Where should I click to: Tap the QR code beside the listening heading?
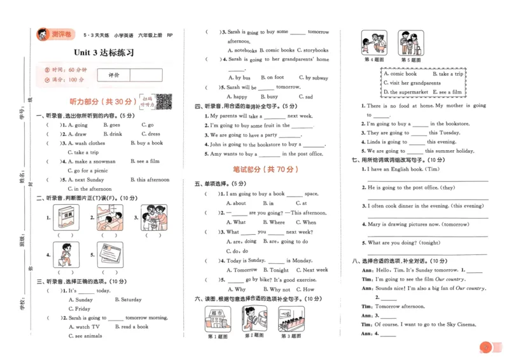click(165, 101)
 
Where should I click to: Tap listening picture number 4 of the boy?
click(65, 254)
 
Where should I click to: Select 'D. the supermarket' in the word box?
click(407, 92)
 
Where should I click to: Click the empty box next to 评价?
click(146, 75)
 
